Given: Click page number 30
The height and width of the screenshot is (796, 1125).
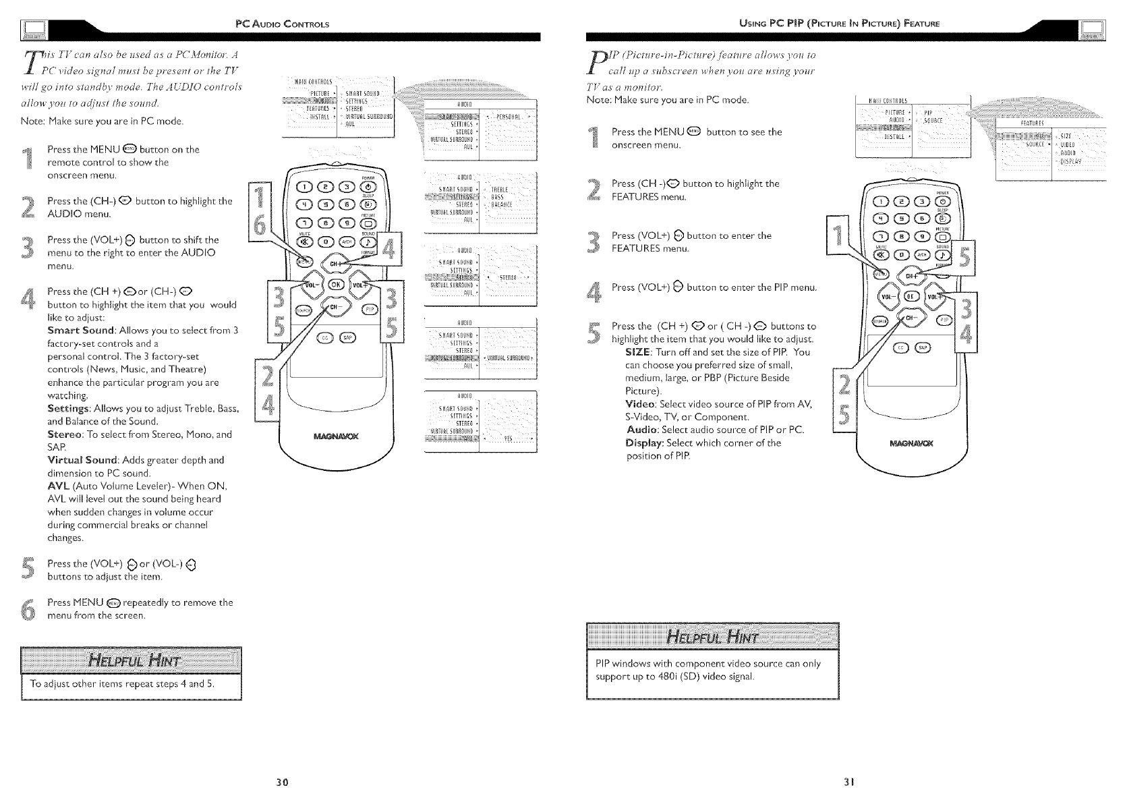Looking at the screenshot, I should tap(283, 782).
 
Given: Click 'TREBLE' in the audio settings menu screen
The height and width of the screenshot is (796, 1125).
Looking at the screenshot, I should tap(500, 190).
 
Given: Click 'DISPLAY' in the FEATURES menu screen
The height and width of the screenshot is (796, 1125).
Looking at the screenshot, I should tap(1070, 161).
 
